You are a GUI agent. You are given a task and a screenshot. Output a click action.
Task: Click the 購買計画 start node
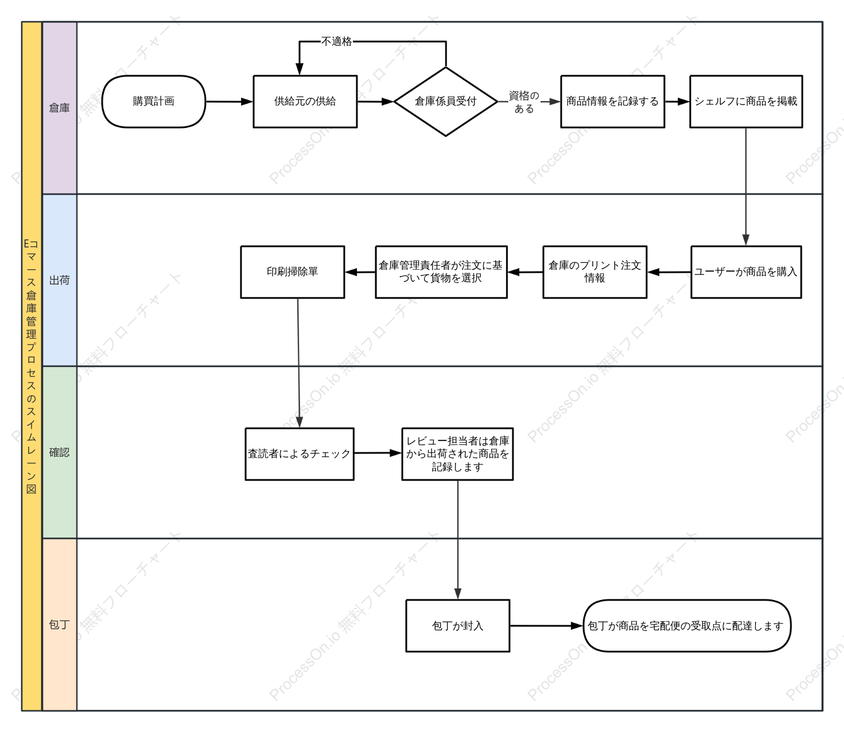(154, 101)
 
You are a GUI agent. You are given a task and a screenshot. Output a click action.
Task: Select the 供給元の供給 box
(305, 101)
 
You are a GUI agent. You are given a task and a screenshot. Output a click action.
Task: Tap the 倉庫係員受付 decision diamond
(445, 101)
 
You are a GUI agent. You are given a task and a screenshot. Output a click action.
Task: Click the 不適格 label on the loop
(336, 41)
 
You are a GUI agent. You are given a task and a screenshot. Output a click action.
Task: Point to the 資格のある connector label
(524, 102)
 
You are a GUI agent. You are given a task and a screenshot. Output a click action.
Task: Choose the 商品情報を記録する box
(612, 101)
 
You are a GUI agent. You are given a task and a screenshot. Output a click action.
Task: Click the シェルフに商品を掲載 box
(746, 101)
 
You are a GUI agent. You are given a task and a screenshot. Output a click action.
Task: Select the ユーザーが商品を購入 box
(746, 272)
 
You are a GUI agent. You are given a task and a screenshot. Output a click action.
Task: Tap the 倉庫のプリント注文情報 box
(594, 272)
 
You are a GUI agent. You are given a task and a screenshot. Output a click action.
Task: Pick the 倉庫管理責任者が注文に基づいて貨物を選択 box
(441, 272)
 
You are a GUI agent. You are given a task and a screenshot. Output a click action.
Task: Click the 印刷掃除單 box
(293, 272)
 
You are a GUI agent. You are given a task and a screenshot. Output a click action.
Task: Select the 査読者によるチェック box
(300, 454)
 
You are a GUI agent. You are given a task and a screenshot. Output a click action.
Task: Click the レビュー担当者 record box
(457, 454)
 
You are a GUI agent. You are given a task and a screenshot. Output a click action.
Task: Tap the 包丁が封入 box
(458, 626)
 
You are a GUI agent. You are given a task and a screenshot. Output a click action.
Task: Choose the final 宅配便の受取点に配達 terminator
(687, 626)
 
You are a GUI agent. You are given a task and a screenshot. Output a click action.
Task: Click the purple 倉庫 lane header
(60, 108)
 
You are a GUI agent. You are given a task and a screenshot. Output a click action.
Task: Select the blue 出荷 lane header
(60, 280)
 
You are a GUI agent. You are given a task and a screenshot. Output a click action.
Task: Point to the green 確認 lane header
(60, 452)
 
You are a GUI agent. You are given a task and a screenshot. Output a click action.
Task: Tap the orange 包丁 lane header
(60, 625)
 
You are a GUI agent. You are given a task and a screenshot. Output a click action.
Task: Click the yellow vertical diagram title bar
(32, 366)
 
